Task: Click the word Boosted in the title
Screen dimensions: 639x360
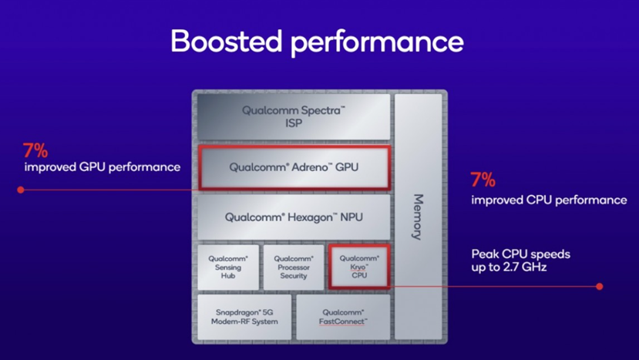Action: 226,41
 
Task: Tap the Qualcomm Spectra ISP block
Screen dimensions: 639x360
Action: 294,117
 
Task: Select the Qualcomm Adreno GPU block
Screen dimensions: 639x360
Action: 294,167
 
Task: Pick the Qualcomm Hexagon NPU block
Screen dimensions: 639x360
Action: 294,217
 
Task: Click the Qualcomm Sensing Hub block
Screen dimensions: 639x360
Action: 228,267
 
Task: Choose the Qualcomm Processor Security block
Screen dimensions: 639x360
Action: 294,267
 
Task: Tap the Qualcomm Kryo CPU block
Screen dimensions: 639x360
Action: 359,267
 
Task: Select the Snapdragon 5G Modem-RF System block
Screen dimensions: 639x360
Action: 244,317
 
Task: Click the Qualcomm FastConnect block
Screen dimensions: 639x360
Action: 343,317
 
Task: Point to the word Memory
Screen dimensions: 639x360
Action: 418,217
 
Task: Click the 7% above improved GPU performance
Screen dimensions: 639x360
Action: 35,151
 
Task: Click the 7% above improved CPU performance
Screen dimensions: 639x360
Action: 483,180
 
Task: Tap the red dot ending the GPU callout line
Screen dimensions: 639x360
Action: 21,190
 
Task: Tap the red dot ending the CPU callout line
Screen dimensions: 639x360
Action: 600,287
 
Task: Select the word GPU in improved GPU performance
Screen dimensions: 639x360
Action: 92,167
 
